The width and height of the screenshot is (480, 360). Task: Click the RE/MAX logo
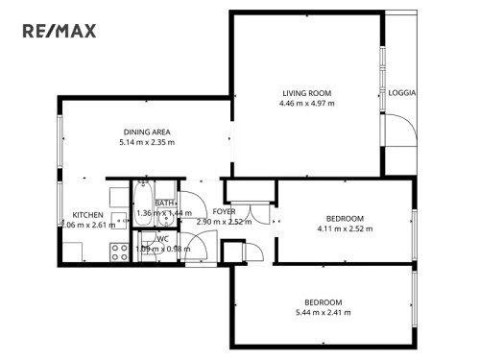[60, 32]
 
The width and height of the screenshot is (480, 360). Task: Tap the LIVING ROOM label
[307, 93]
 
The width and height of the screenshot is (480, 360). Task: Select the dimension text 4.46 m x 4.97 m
[307, 104]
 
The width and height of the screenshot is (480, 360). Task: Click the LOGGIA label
[402, 93]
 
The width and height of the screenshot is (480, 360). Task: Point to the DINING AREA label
[147, 132]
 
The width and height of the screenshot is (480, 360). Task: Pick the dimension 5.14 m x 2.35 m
[147, 142]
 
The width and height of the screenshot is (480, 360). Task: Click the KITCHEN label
[87, 214]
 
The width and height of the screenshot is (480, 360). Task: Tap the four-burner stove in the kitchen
[121, 253]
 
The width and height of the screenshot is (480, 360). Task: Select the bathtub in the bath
[144, 202]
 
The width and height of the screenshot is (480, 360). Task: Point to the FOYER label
[224, 211]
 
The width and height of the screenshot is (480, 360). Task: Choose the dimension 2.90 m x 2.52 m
[224, 222]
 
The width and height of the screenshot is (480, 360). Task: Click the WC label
[163, 238]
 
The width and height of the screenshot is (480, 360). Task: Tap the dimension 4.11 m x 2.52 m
[345, 228]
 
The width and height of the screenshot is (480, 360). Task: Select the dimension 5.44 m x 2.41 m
[324, 312]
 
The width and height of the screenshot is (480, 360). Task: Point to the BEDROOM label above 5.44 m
[324, 301]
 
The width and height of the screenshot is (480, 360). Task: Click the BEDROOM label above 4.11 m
[345, 218]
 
